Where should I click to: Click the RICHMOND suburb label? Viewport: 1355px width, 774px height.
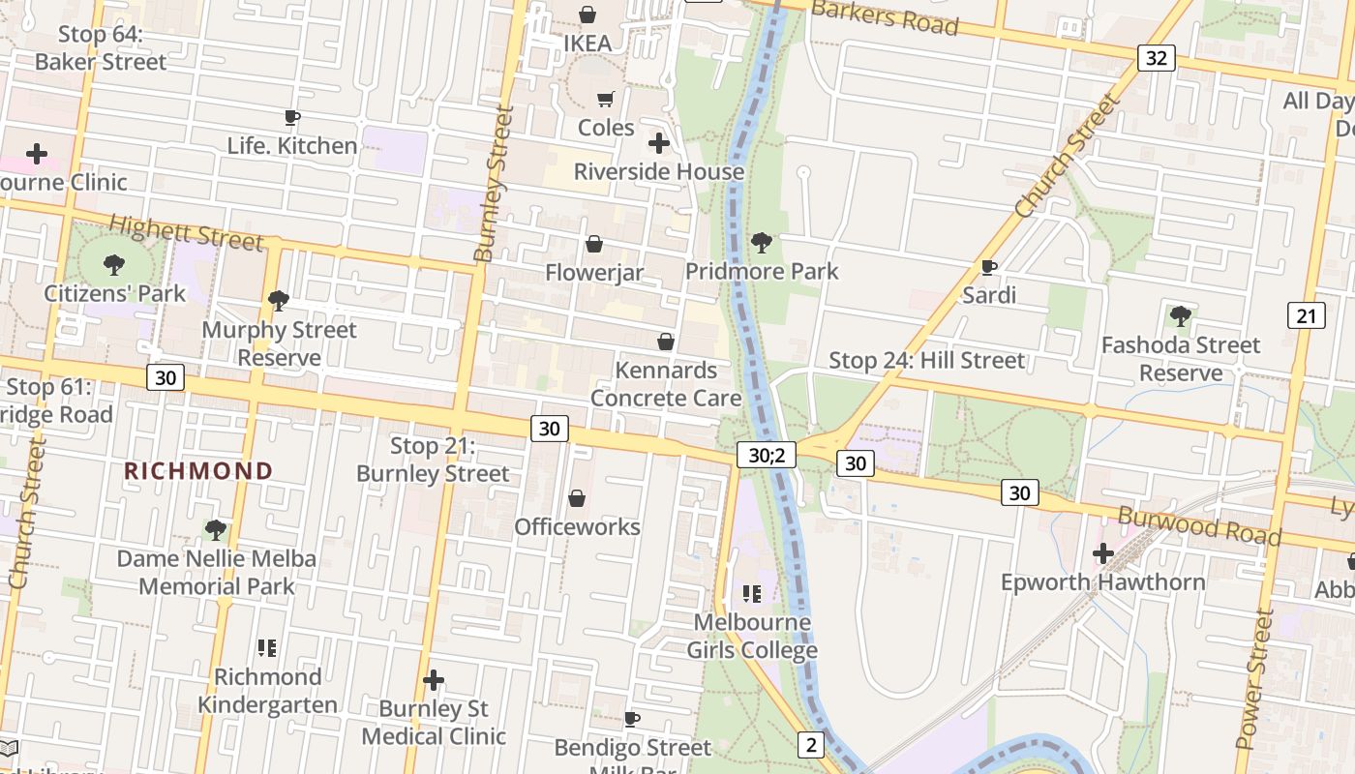[x=198, y=471]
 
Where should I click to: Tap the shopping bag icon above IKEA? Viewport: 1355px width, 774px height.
[x=587, y=15]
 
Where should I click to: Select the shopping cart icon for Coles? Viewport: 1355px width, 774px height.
[x=606, y=99]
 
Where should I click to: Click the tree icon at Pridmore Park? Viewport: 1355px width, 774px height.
[x=762, y=242]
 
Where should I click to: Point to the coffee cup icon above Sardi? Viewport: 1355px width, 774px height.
[x=988, y=266]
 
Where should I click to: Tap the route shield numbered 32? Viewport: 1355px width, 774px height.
[x=1156, y=58]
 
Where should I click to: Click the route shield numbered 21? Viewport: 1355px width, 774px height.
[x=1306, y=314]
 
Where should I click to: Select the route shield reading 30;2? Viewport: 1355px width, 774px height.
[x=766, y=455]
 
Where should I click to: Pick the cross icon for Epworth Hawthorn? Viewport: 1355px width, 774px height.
[x=1102, y=553]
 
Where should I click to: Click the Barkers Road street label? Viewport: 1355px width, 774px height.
[x=885, y=17]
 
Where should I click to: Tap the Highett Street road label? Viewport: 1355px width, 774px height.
[x=185, y=232]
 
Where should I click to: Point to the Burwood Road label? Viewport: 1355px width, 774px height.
[x=1199, y=525]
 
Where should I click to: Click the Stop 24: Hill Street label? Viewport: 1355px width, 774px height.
[x=926, y=361]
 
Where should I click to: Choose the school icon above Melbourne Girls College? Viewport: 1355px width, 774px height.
[x=752, y=593]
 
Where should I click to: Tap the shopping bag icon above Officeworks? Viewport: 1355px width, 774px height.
[x=577, y=498]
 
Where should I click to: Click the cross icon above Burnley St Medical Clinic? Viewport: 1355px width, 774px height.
[x=434, y=680]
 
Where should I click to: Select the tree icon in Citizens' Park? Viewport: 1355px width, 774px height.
[x=114, y=264]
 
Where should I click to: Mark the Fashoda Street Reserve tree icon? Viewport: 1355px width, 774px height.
[x=1180, y=315]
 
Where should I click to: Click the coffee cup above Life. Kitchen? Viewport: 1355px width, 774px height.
[x=291, y=118]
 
